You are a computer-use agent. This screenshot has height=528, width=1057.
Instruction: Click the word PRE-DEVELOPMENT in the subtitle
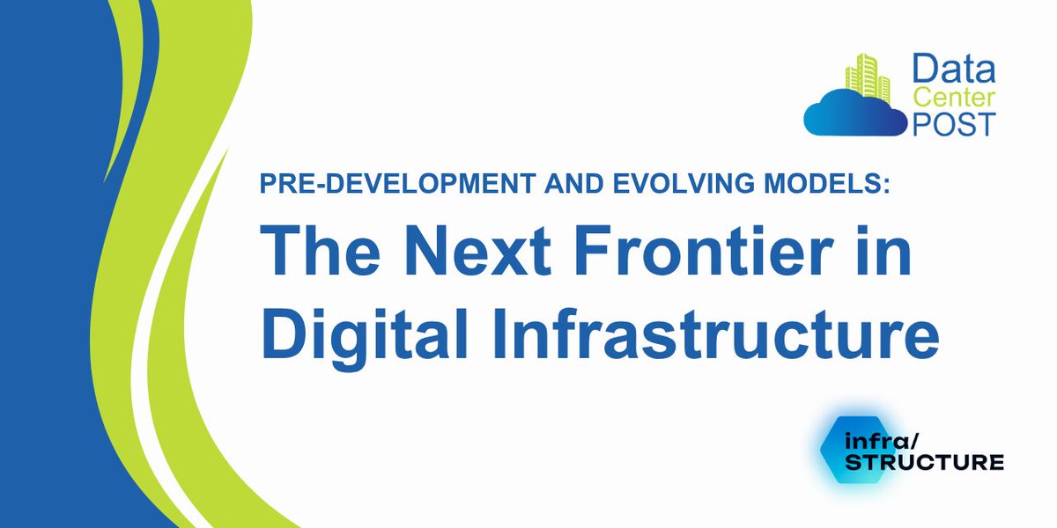366,187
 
